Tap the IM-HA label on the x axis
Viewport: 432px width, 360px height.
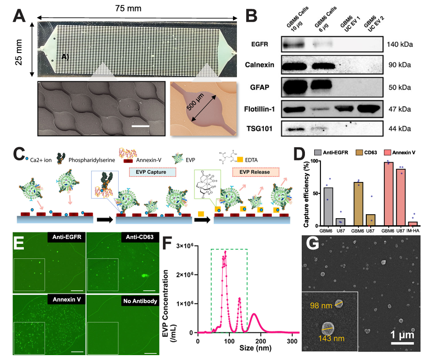[x=413, y=231]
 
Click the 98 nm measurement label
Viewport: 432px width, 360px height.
[x=321, y=305]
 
